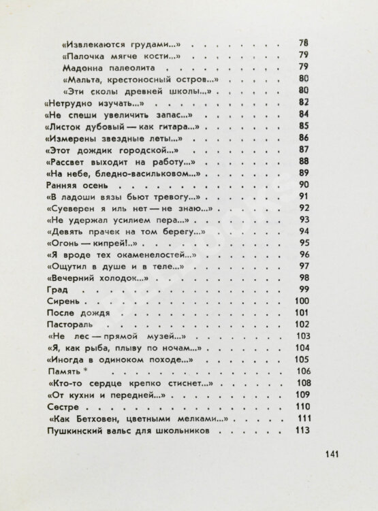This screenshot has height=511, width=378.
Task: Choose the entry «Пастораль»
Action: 68,325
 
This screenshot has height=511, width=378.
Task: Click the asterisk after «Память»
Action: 86,369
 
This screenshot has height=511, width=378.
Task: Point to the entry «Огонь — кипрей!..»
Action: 85,243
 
